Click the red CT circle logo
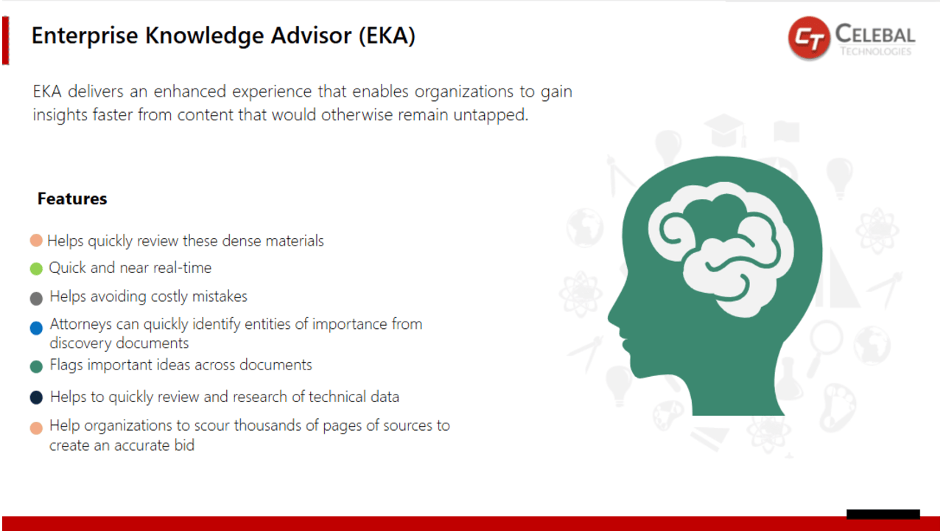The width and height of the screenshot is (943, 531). (x=809, y=37)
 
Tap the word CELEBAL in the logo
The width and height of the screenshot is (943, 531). (x=875, y=34)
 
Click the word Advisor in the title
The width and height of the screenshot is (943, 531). (x=311, y=35)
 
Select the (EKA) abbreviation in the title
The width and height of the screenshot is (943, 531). (x=387, y=35)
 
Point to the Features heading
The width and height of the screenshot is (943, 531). (x=72, y=198)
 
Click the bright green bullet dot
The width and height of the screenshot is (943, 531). (x=37, y=268)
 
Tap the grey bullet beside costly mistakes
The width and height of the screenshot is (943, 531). (x=37, y=299)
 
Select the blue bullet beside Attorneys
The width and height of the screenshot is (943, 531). (x=37, y=328)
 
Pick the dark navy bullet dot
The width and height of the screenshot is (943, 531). (x=37, y=398)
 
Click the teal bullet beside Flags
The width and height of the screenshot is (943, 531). (x=37, y=367)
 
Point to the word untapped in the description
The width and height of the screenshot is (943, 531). (x=491, y=115)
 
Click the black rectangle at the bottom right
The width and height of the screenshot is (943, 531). (x=883, y=514)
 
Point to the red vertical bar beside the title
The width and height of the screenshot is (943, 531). (x=5, y=41)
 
